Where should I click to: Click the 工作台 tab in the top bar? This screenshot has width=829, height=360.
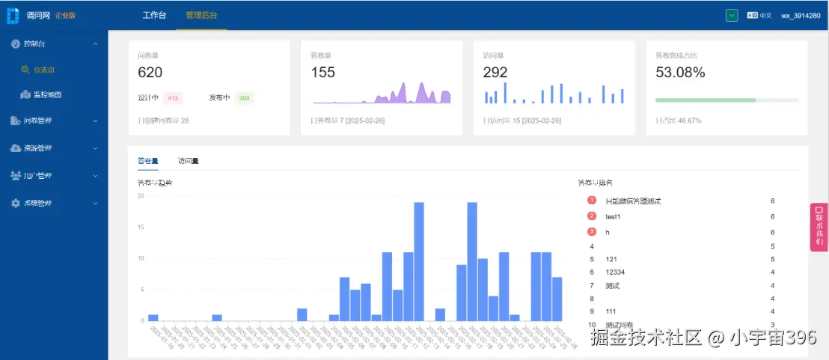pos(154,15)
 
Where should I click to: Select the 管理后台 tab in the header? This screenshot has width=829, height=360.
pos(201,15)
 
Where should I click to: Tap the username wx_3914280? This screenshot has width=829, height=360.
pos(801,15)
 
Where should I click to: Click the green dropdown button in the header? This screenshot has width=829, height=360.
pos(732,15)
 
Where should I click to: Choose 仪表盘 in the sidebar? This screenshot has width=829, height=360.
pos(43,70)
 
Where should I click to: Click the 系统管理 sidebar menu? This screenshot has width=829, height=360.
pos(37,203)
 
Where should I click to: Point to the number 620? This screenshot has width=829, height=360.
pos(150,73)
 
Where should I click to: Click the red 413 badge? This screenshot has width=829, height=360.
pos(173,98)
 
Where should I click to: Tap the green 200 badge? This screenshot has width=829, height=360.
pos(245,98)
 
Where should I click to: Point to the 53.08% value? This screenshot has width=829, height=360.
pos(680,73)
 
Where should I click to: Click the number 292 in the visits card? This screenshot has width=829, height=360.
pos(495,73)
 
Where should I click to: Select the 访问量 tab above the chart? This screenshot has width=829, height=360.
pos(189,160)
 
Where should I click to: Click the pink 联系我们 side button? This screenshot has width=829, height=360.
pos(819,227)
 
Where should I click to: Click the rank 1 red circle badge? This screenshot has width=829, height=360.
pos(592,201)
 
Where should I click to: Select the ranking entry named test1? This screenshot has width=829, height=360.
pos(613,216)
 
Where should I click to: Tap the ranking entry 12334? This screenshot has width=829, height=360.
pos(615,272)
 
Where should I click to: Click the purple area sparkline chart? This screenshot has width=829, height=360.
pos(382,94)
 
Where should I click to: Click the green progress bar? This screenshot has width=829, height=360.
pos(705,100)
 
